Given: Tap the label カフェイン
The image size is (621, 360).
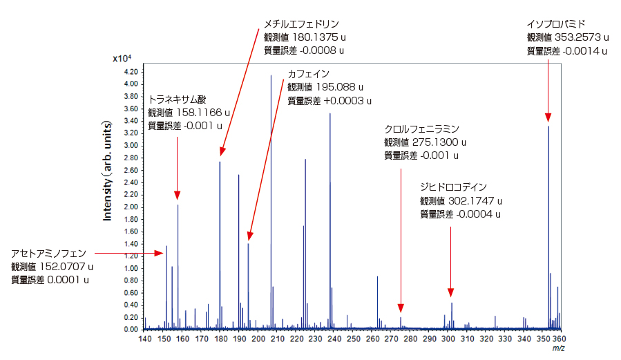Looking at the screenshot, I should [309, 74].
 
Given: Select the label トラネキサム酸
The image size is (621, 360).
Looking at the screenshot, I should [178, 100].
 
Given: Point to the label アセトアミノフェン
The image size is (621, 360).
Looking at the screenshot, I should [49, 253].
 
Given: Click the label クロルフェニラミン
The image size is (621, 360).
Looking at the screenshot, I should [421, 129].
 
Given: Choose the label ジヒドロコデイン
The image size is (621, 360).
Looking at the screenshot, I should [453, 187].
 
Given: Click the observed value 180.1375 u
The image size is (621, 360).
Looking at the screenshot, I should [304, 37].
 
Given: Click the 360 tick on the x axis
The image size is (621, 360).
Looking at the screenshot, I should [560, 339].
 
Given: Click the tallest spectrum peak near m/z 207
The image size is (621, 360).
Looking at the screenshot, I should [271, 77].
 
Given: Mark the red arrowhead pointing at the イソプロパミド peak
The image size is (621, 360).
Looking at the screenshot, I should [548, 117].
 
